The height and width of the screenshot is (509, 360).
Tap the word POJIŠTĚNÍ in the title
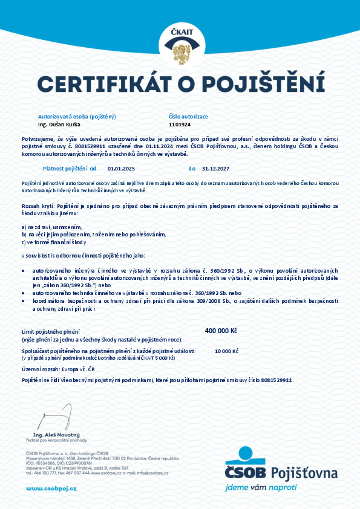[x=263, y=83]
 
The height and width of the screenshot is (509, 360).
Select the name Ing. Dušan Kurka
[x=59, y=124]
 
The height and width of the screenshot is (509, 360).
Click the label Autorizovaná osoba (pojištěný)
[x=77, y=115]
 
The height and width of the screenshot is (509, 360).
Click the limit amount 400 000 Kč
[x=221, y=331]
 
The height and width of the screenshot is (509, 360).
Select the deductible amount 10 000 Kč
[x=226, y=351]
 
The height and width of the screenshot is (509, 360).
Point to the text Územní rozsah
[x=39, y=368]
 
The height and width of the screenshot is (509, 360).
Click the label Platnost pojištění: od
[x=70, y=168]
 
